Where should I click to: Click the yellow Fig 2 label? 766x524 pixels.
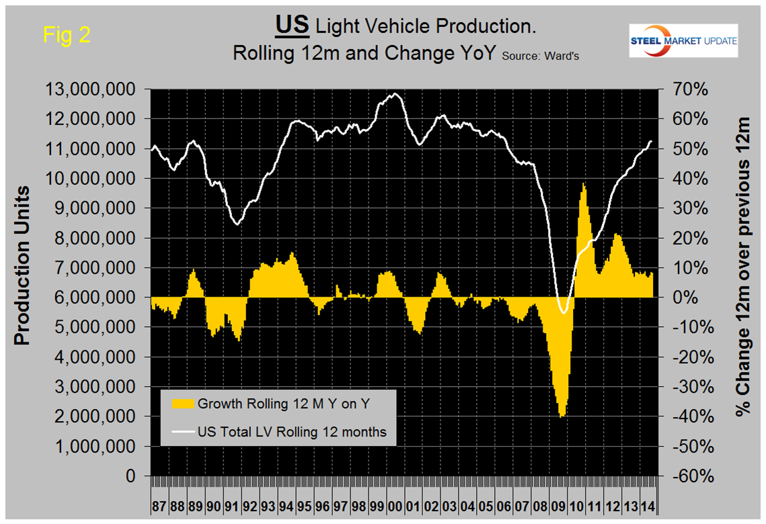(67, 34)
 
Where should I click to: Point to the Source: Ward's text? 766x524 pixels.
(539, 56)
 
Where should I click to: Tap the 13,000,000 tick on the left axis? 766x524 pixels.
(99, 89)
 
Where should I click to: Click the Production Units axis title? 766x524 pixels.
(24, 265)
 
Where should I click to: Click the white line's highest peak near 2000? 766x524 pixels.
(395, 93)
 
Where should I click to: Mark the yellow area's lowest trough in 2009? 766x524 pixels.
(562, 417)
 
